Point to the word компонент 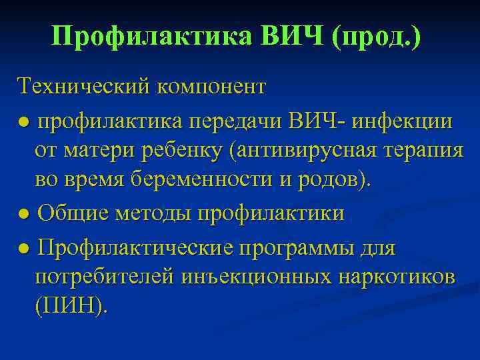211,87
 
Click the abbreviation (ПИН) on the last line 69,306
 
